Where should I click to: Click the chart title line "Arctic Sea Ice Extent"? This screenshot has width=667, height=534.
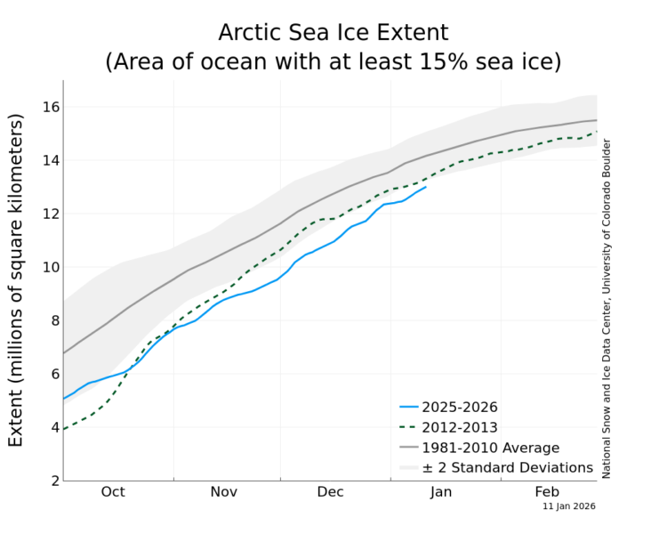pyautogui.click(x=333, y=34)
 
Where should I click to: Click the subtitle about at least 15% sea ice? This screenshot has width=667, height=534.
pyautogui.click(x=333, y=62)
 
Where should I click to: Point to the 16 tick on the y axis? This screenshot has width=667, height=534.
pyautogui.click(x=48, y=107)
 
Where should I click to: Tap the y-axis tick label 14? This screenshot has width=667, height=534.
pyautogui.click(x=48, y=160)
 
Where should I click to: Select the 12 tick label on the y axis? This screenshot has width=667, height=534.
pyautogui.click(x=48, y=214)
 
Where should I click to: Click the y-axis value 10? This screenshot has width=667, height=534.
pyautogui.click(x=48, y=267)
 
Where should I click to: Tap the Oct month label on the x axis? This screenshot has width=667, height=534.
pyautogui.click(x=113, y=492)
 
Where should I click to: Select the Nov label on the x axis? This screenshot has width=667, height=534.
pyautogui.click(x=223, y=492)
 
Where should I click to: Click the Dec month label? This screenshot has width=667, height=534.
pyautogui.click(x=331, y=492)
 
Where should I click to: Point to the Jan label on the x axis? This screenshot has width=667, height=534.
pyautogui.click(x=441, y=492)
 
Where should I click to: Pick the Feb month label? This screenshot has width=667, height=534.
pyautogui.click(x=547, y=492)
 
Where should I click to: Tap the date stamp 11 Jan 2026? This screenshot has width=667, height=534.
pyautogui.click(x=569, y=506)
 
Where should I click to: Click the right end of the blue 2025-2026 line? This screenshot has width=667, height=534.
pyautogui.click(x=426, y=187)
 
